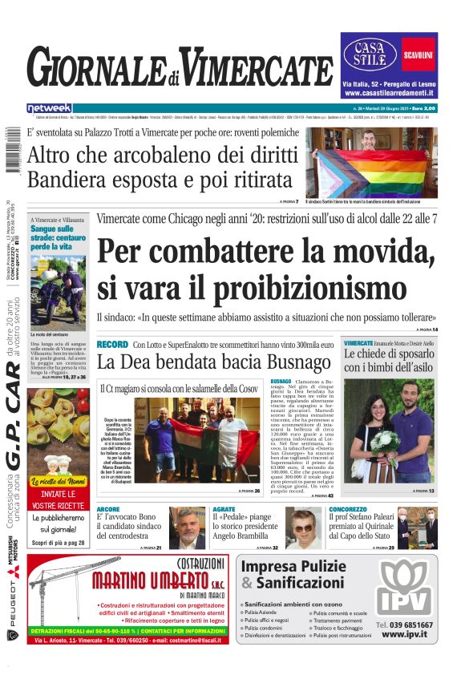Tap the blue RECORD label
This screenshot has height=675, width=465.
[x=111, y=344]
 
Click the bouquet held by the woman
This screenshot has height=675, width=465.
[x=382, y=443]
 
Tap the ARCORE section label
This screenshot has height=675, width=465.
[x=108, y=509]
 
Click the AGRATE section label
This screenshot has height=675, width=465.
[x=224, y=509]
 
